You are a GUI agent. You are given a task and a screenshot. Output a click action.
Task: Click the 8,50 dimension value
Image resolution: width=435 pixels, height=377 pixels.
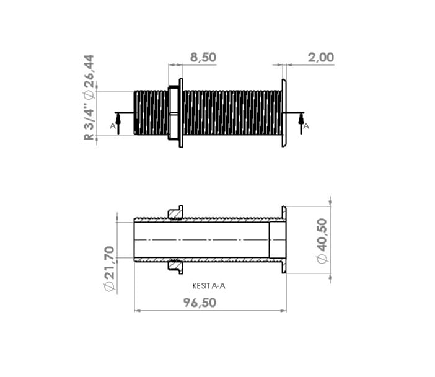[x=203, y=57]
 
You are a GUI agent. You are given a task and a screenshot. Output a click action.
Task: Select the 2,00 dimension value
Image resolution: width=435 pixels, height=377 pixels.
[x=321, y=57]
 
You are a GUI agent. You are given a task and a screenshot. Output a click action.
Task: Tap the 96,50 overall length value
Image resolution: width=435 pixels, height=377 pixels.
[x=200, y=303]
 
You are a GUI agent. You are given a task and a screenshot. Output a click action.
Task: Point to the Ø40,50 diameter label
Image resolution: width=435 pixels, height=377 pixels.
[x=322, y=241]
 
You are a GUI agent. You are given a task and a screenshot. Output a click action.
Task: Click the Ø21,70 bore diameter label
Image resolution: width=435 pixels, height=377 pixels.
[x=109, y=268]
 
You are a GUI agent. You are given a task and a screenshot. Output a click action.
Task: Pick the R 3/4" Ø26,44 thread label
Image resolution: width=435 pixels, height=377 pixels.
[x=89, y=97]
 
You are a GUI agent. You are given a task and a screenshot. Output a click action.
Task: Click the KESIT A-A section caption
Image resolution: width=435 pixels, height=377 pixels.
[x=209, y=286]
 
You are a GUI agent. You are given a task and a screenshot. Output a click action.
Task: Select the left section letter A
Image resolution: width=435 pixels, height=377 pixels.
[x=112, y=126]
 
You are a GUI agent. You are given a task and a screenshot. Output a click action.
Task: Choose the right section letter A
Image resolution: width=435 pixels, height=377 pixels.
[x=306, y=126]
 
